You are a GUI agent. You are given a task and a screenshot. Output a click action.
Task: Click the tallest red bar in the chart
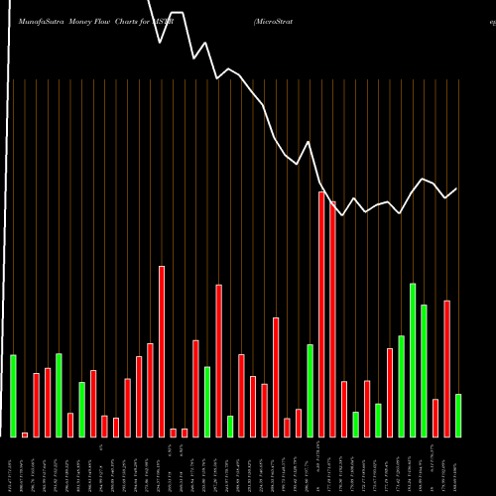coord(321,313)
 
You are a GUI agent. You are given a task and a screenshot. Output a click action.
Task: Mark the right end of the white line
coord(457,188)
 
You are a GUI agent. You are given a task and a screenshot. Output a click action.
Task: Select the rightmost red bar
coord(447,368)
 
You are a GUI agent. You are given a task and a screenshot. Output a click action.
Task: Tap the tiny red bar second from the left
coord(25,434)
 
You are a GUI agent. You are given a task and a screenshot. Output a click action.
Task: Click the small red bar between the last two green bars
coord(435,417)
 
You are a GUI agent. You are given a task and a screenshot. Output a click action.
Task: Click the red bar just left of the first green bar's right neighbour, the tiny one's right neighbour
coord(36,405)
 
